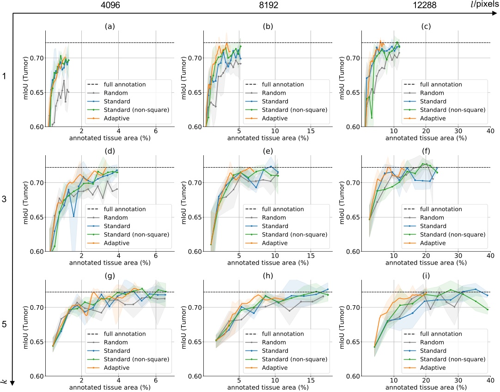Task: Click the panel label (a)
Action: point(110,26)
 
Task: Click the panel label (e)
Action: point(267,151)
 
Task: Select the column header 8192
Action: point(268,6)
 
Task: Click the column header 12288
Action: point(425,6)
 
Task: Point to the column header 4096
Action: point(110,6)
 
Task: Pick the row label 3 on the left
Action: point(4,200)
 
